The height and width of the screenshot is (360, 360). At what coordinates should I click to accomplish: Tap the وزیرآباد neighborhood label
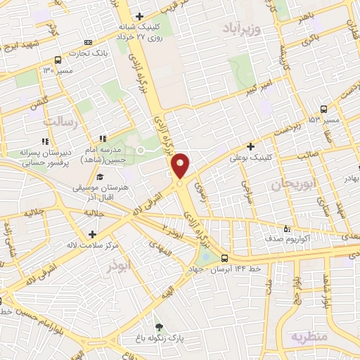click(x=242, y=28)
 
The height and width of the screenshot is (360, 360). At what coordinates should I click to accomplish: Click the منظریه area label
click(x=309, y=337)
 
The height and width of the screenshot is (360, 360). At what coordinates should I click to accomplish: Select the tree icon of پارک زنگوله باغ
click(x=160, y=326)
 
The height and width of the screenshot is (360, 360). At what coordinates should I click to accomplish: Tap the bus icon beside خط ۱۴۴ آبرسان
click(x=224, y=257)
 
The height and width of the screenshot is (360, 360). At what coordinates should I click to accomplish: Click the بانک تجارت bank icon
click(x=87, y=43)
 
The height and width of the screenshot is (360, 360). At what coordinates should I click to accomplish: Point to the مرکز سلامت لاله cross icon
click(x=92, y=233)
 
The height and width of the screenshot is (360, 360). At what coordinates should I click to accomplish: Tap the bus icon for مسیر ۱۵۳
click(x=323, y=108)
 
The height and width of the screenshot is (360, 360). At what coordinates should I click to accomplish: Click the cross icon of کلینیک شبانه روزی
click(x=140, y=16)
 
